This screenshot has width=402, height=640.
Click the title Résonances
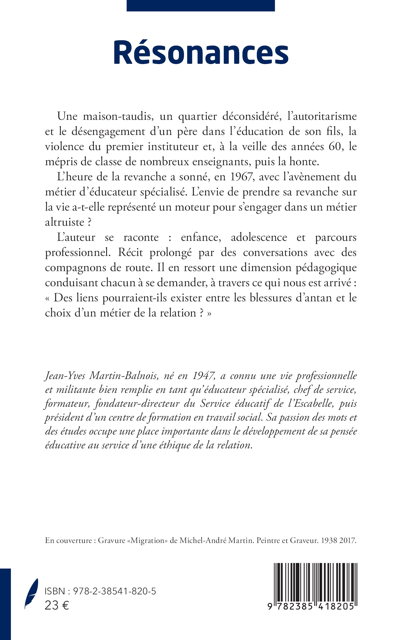[201, 53]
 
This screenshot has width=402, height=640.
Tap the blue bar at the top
[200, 6]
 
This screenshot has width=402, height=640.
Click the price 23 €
[57, 606]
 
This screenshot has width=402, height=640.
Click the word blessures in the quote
[270, 298]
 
